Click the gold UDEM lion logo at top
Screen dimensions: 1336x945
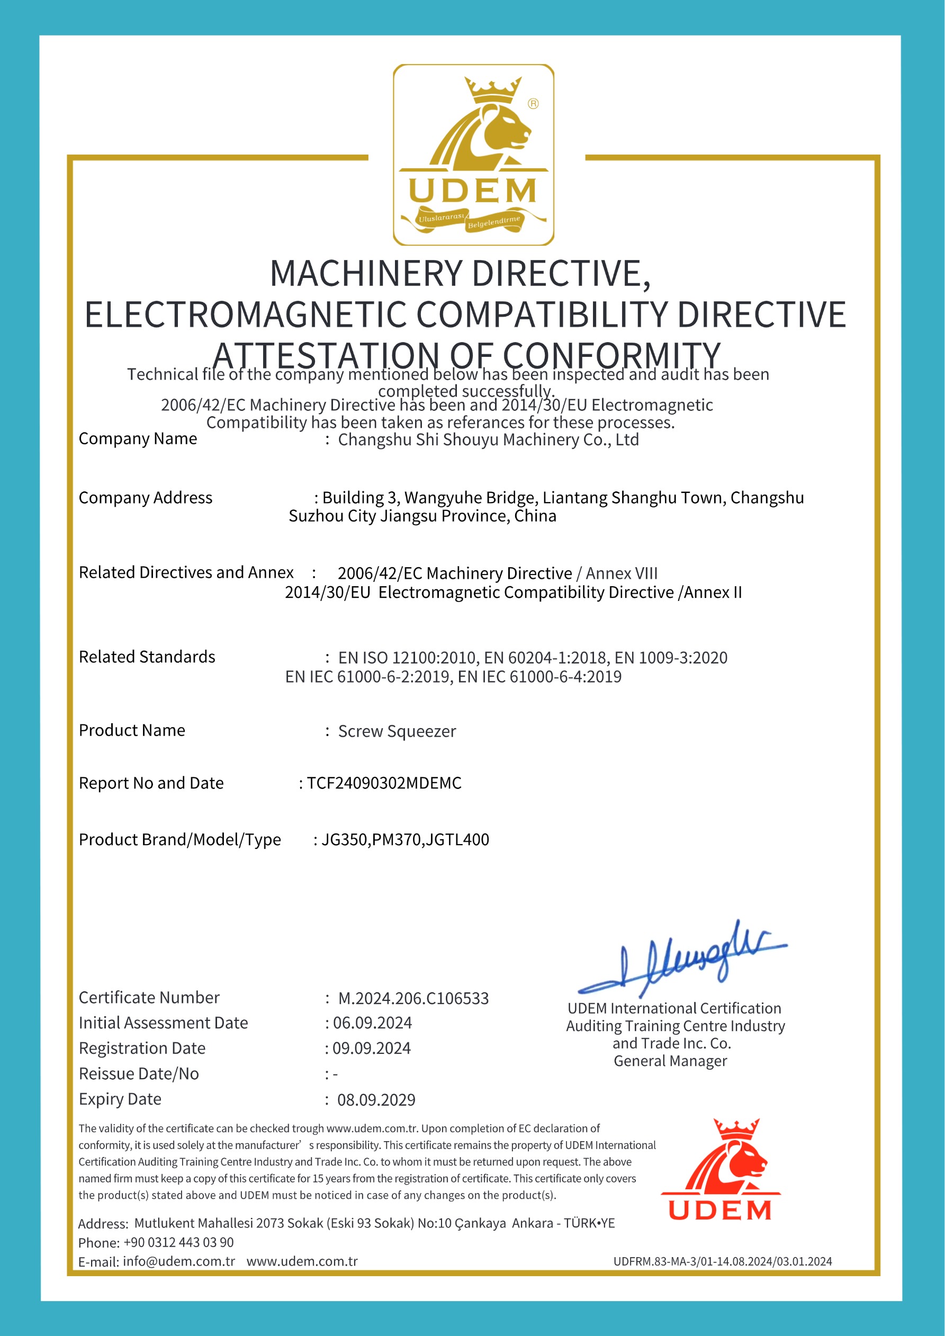(x=473, y=155)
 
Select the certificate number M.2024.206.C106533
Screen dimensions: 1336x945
(x=413, y=999)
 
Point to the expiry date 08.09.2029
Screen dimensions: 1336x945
(x=376, y=1100)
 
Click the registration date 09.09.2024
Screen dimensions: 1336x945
(x=371, y=1048)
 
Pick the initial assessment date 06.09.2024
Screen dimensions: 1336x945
(x=372, y=1023)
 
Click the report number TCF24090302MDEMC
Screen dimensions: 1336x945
(x=384, y=783)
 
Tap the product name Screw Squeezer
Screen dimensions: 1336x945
(x=397, y=731)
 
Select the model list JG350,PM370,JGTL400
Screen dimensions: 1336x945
(x=405, y=840)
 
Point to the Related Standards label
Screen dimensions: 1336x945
(x=147, y=657)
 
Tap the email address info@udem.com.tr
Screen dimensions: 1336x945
(x=178, y=1261)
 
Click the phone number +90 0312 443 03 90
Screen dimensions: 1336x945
(x=178, y=1242)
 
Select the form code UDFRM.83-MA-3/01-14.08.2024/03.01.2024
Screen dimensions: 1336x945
(x=722, y=1261)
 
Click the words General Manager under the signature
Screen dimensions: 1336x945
(x=670, y=1061)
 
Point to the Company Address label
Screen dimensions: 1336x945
(x=146, y=498)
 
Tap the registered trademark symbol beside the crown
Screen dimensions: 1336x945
(x=533, y=104)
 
